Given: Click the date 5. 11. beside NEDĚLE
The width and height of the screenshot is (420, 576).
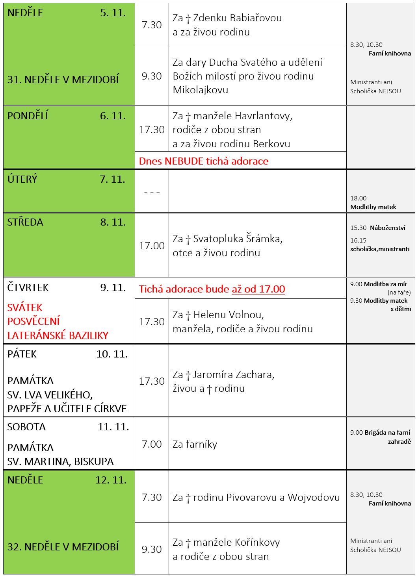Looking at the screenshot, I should coord(113,13).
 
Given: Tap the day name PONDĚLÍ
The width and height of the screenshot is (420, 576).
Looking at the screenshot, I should coord(28,116).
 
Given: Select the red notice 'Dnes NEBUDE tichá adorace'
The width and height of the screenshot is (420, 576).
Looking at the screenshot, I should coord(203,161).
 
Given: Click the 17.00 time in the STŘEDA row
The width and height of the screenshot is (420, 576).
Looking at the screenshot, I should coord(152,246).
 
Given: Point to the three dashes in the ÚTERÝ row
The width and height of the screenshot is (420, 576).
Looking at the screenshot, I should coord(152,193).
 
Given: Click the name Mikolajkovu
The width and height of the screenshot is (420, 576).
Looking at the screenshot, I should coord(200,90).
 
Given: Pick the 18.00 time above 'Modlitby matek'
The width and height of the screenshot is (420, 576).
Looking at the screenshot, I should coord(358,198).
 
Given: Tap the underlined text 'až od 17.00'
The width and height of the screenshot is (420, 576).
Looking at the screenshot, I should coord(258,289).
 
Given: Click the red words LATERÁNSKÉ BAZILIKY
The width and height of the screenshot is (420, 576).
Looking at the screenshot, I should coord(58,335).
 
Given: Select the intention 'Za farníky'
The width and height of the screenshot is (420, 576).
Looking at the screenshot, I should coord(195,444).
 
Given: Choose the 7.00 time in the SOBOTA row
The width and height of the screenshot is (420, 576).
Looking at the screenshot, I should coord(152,444).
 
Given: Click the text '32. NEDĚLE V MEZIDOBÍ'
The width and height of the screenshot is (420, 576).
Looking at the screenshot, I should coord(63,547).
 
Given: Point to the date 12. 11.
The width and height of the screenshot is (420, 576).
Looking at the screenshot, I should coord(111,480).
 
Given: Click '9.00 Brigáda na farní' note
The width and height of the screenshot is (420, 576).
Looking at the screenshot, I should coord(380,433).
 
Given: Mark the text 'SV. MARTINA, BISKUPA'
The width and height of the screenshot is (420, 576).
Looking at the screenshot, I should coord(60,461).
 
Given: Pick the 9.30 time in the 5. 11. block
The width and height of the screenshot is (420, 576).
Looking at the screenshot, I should coord(152,76).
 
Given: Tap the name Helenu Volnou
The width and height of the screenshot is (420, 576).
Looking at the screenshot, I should coord(229,315).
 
